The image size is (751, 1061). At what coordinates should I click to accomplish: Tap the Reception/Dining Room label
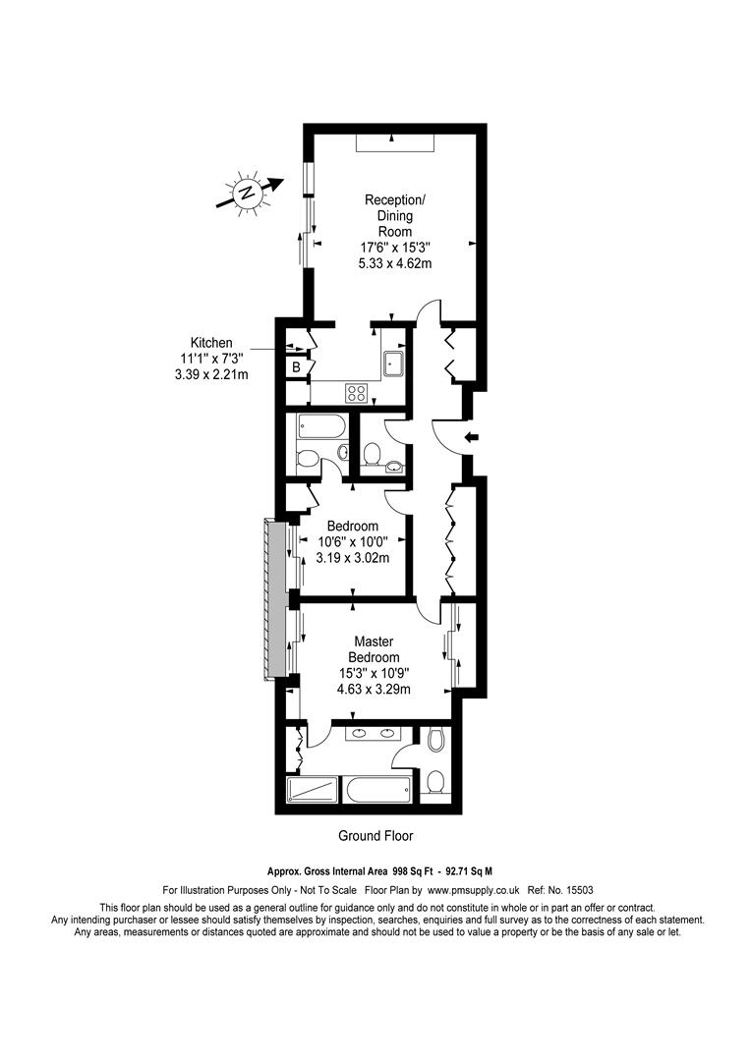pyautogui.click(x=395, y=216)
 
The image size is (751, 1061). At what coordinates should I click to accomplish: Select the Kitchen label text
pyautogui.click(x=211, y=343)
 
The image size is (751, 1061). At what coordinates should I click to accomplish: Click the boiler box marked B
pyautogui.click(x=296, y=367)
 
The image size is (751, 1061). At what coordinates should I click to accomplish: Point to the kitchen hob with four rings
pyautogui.click(x=357, y=392)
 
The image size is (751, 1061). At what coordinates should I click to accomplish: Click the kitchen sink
pyautogui.click(x=393, y=363)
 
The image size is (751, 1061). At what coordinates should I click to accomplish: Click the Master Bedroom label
pyautogui.click(x=374, y=649)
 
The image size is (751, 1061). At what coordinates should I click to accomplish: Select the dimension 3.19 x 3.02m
pyautogui.click(x=353, y=558)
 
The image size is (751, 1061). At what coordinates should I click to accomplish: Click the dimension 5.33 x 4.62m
pyautogui.click(x=395, y=263)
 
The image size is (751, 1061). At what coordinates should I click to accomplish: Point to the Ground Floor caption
pyautogui.click(x=375, y=836)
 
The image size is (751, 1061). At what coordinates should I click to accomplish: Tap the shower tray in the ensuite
pyautogui.click(x=313, y=790)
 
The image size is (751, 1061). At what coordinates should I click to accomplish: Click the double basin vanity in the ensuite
pyautogui.click(x=371, y=732)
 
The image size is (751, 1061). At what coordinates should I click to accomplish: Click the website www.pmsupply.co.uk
pyautogui.click(x=474, y=890)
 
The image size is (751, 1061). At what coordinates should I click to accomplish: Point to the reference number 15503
pyautogui.click(x=579, y=890)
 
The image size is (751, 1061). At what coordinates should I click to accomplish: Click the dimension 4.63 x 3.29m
pyautogui.click(x=374, y=690)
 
